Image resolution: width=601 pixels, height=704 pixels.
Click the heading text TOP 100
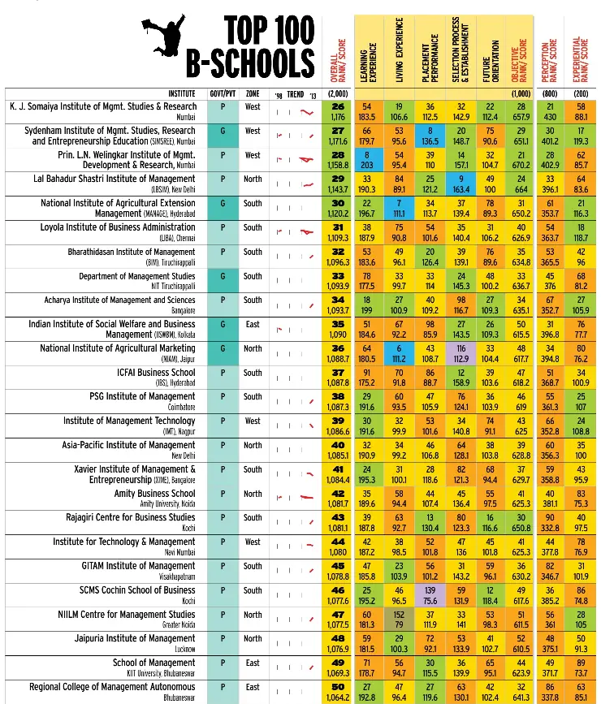[x=269, y=31]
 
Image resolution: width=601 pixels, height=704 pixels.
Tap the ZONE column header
[x=253, y=94]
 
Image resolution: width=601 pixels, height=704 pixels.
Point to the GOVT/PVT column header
[x=223, y=94]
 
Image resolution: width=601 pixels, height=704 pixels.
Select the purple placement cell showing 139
[x=430, y=596]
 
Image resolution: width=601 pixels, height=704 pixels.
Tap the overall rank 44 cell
[x=339, y=547]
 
